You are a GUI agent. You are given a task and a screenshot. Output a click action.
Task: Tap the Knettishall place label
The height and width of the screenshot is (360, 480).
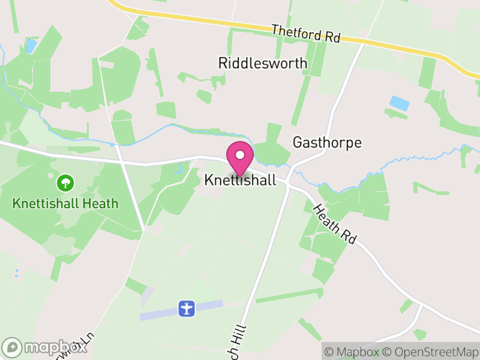240,180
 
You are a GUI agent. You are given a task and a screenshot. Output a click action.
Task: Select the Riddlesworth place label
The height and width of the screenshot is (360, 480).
263,63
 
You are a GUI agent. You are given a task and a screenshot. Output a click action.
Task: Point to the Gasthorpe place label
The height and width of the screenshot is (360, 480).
327,143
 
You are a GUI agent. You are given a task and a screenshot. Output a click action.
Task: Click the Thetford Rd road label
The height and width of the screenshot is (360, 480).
305,34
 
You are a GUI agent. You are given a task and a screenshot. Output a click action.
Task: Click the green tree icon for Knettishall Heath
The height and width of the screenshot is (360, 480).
65,182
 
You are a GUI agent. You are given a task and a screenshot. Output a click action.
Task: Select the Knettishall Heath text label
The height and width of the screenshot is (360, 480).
65,203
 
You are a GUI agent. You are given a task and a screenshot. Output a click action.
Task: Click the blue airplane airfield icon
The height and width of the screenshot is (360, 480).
187,309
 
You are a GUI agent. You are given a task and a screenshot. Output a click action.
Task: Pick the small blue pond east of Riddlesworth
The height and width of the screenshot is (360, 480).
400,103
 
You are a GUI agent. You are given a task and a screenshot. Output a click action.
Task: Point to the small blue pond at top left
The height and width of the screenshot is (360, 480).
31,46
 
